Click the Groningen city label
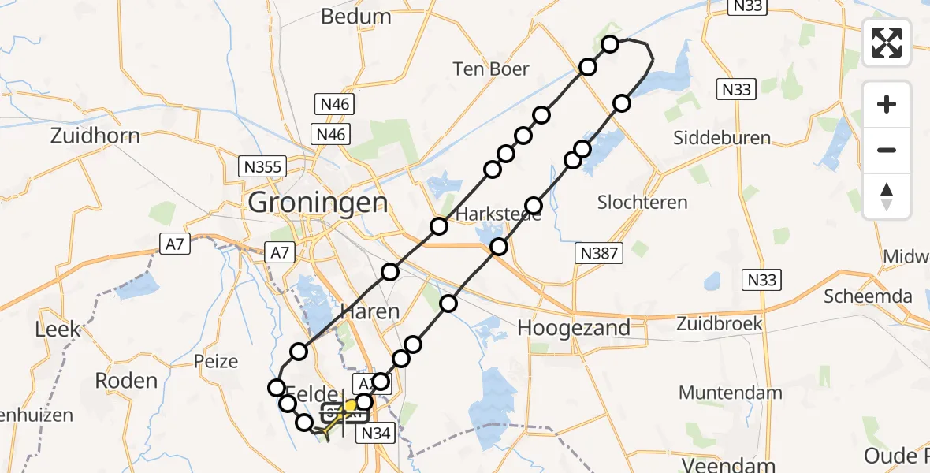(318, 203)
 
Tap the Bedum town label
(356, 17)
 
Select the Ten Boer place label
(490, 69)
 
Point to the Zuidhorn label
(95, 136)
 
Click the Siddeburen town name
(722, 138)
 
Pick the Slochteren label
(642, 202)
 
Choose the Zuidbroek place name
(720, 323)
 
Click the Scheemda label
(869, 296)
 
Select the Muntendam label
(730, 392)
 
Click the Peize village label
(216, 362)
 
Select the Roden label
(126, 380)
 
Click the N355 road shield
(262, 166)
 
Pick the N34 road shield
(377, 433)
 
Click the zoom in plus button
(887, 104)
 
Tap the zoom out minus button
(887, 150)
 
